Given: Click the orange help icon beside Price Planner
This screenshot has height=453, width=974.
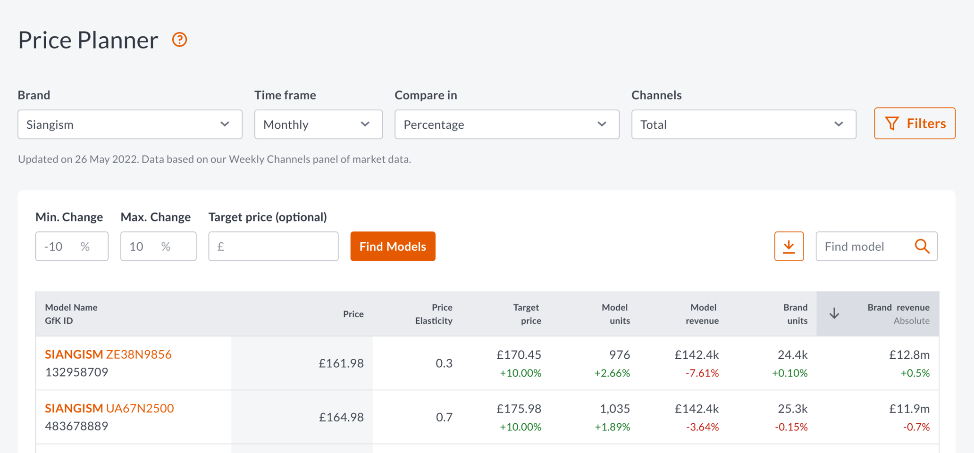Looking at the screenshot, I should pyautogui.click(x=179, y=40).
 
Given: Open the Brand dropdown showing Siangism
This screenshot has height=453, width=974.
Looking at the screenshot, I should pyautogui.click(x=130, y=124).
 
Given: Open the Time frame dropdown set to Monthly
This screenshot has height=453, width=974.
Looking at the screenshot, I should pyautogui.click(x=318, y=124).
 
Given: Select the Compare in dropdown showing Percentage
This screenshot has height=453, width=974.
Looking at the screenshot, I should pyautogui.click(x=506, y=124).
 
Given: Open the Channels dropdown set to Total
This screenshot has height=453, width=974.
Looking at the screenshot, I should pyautogui.click(x=743, y=124).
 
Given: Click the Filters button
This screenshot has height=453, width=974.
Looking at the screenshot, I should pyautogui.click(x=914, y=124).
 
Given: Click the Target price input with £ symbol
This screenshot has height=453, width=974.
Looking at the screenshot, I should pyautogui.click(x=273, y=246).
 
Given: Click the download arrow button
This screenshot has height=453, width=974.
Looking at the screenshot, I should pyautogui.click(x=789, y=246).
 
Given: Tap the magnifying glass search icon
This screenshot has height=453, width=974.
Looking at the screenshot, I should pyautogui.click(x=922, y=246).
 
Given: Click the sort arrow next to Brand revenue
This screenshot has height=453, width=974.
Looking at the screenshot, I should pyautogui.click(x=834, y=313).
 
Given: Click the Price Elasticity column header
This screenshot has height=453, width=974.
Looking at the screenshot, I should pyautogui.click(x=433, y=314).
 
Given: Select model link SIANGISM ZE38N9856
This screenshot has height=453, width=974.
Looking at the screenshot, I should pyautogui.click(x=108, y=354).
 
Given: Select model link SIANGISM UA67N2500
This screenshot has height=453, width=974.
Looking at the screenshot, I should pyautogui.click(x=109, y=408).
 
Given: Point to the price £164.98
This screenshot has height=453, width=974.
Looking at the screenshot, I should pyautogui.click(x=341, y=417).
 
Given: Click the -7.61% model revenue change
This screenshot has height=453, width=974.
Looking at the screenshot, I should pyautogui.click(x=702, y=373).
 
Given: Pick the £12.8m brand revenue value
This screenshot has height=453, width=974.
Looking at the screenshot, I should pyautogui.click(x=909, y=354).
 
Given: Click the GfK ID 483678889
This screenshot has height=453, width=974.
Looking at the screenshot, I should pyautogui.click(x=76, y=426).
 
